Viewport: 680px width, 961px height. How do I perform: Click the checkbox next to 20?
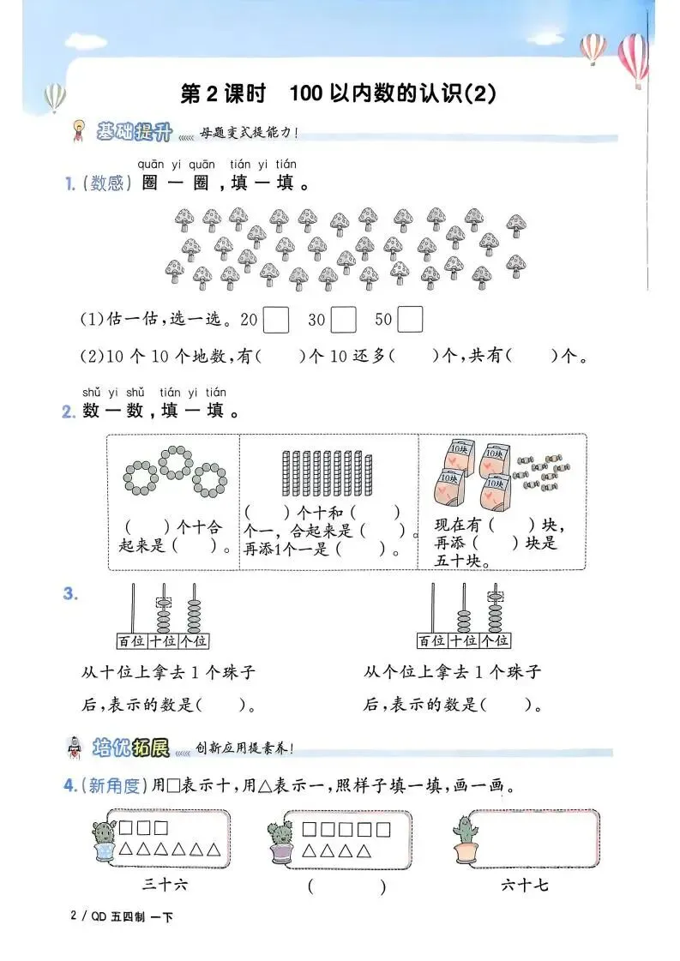[275, 320]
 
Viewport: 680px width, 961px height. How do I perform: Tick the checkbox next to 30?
[343, 320]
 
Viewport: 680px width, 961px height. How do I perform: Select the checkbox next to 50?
[411, 320]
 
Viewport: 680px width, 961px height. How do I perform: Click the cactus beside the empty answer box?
[464, 837]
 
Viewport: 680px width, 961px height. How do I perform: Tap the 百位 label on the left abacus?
[131, 640]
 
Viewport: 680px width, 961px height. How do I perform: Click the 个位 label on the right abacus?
[494, 640]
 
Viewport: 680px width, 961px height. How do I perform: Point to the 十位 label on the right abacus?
[463, 640]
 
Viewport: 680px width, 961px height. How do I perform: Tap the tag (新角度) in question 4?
[111, 785]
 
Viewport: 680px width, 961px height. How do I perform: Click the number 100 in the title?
[305, 93]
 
